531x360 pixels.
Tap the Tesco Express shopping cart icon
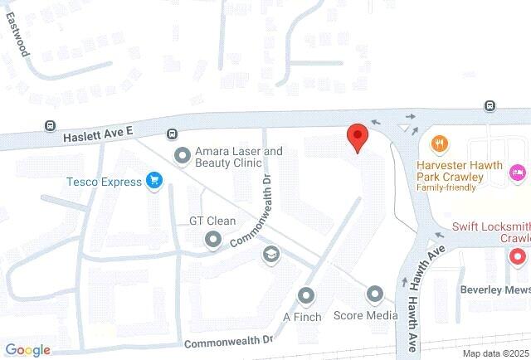(x=153, y=180)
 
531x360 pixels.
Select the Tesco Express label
(x=104, y=181)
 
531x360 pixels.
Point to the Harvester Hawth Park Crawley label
(x=459, y=171)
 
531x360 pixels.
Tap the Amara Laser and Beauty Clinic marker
(x=182, y=155)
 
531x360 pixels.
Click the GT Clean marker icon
(x=212, y=240)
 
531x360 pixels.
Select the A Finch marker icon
(x=307, y=295)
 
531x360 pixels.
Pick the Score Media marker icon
(x=375, y=294)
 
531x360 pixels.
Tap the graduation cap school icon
(x=270, y=254)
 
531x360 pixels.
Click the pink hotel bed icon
(x=518, y=171)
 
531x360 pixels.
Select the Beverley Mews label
(x=494, y=290)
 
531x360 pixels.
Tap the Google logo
(x=27, y=350)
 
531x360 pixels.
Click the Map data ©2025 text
(x=495, y=353)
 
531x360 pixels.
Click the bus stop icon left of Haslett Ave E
(x=51, y=126)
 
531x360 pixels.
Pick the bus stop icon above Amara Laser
(x=172, y=134)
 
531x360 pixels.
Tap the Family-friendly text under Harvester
(x=446, y=187)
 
